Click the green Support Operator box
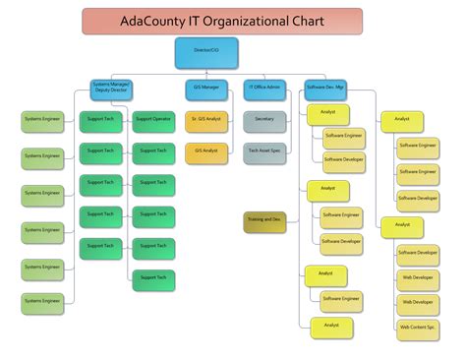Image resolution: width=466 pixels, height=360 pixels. (x=154, y=120)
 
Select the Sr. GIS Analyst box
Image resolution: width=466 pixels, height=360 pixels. (x=208, y=120)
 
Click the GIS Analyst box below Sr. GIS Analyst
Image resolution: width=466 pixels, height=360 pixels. (x=208, y=150)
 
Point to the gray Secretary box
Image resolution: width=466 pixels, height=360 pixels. (x=264, y=120)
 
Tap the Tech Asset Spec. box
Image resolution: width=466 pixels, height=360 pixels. (x=264, y=151)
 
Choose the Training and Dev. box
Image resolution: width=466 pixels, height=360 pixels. (x=264, y=221)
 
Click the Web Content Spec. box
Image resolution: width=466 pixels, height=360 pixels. (x=418, y=326)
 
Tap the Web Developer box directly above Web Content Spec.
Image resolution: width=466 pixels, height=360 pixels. (x=418, y=302)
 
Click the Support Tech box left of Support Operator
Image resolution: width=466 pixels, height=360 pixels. (x=101, y=120)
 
